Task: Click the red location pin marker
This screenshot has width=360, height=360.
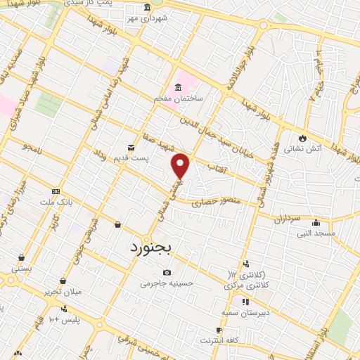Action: pos(181,165)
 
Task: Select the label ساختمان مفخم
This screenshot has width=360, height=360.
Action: pos(179,98)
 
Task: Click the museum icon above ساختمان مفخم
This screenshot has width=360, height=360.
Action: pos(178,87)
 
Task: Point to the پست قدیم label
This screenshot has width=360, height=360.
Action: pos(133,158)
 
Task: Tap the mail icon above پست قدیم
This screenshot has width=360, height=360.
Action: pos(131,147)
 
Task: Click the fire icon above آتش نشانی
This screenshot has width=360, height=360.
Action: pos(302,137)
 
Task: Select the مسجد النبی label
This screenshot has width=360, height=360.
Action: pos(316,233)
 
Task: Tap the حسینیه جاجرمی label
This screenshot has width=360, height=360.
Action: pos(167,283)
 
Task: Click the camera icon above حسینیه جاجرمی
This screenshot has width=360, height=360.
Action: pos(167,272)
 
